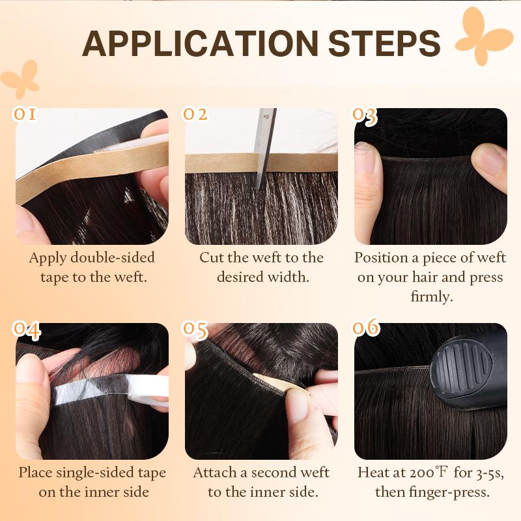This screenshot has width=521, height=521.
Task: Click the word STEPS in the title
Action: pos(384,43)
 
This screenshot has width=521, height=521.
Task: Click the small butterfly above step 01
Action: pos(20,77)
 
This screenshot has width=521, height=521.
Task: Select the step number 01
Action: pos(25,115)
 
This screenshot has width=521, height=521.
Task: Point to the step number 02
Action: pos(195,115)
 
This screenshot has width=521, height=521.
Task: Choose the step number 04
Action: pos(27,330)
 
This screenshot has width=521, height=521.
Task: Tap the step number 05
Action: pos(195,330)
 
